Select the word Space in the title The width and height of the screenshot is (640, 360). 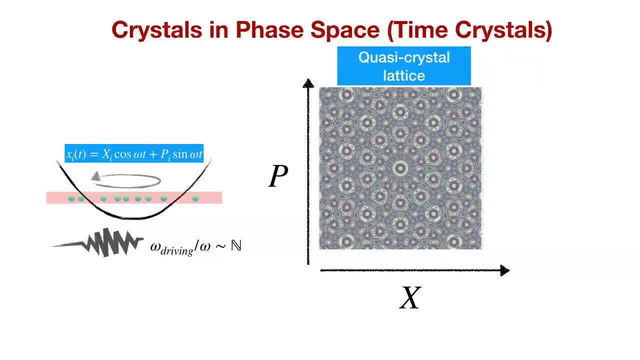pyautogui.click(x=345, y=30)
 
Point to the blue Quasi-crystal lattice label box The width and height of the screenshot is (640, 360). pyautogui.click(x=404, y=66)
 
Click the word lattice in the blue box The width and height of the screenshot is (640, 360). pyautogui.click(x=404, y=75)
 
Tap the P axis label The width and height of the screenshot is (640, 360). pyautogui.click(x=278, y=176)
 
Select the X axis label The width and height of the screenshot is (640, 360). pyautogui.click(x=410, y=298)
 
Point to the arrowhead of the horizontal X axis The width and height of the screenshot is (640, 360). pyautogui.click(x=504, y=270)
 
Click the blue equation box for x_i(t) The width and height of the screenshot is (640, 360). pyautogui.click(x=134, y=154)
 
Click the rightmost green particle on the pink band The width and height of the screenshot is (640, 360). pyautogui.click(x=195, y=198)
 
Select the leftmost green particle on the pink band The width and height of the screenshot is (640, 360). pyautogui.click(x=71, y=198)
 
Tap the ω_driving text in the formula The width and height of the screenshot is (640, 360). pyautogui.click(x=171, y=247)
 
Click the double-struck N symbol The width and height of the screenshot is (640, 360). pyautogui.click(x=236, y=246)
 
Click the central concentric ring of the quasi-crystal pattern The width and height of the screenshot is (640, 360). pyautogui.click(x=400, y=168)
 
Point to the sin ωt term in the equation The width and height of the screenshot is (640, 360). pyautogui.click(x=187, y=154)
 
